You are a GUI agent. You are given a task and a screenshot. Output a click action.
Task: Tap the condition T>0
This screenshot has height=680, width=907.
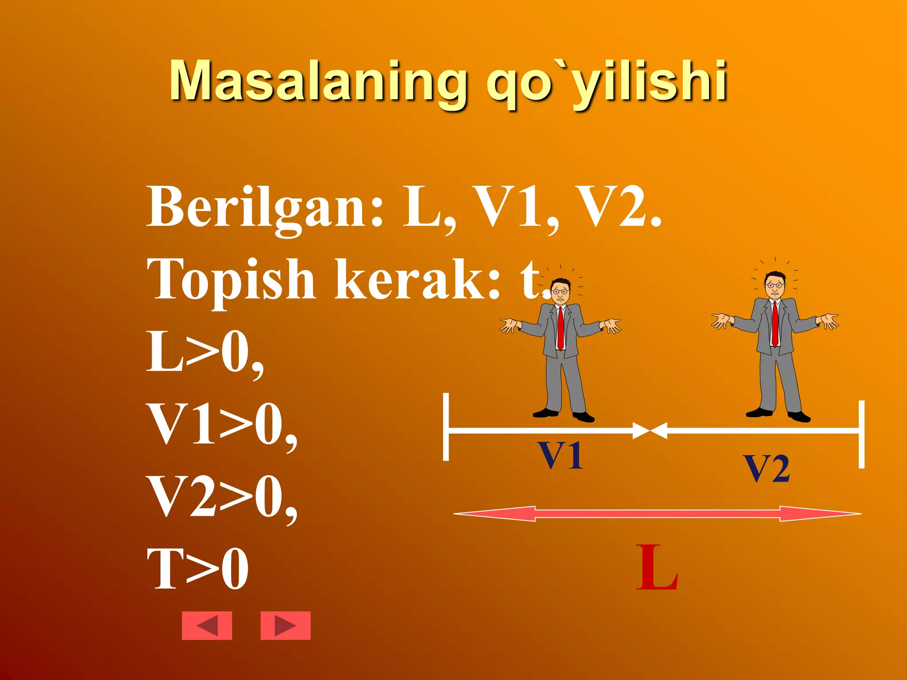[x=198, y=568]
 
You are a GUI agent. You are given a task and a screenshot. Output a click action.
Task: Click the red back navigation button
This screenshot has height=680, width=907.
[x=207, y=626]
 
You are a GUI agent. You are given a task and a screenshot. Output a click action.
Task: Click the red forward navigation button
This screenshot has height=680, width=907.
[x=285, y=626]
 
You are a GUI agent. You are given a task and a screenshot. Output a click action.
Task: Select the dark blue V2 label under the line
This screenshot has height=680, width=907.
[x=767, y=468]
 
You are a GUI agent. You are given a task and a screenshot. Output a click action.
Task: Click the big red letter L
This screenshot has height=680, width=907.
[x=656, y=568]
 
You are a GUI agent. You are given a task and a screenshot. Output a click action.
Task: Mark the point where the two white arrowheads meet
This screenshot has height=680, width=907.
[x=650, y=430]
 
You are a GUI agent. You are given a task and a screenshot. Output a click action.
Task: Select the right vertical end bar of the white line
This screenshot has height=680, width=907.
[x=861, y=434]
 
